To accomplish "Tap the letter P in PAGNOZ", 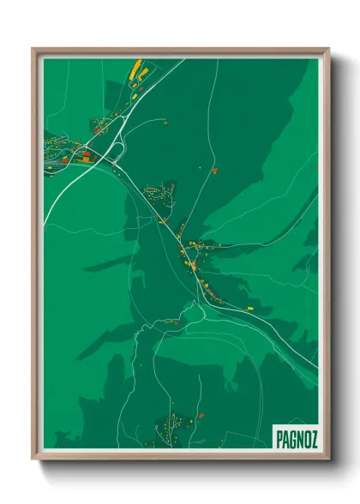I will click(x=279, y=438).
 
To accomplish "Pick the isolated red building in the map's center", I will click(x=214, y=170).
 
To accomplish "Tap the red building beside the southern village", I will click(x=201, y=416).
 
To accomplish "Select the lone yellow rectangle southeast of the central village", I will click(x=249, y=303).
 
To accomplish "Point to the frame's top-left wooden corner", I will click(x=34, y=50).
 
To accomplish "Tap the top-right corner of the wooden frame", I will click(x=327, y=50).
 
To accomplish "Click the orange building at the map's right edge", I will click(x=316, y=165).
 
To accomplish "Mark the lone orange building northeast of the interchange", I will click(x=164, y=123).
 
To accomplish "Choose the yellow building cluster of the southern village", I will click(x=176, y=422).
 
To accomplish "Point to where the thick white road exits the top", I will click(x=183, y=59).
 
